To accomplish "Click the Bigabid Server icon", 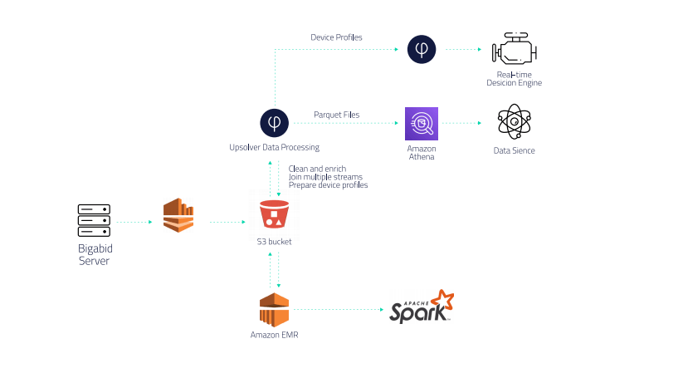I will pyautogui.click(x=94, y=221).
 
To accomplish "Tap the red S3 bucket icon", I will pyautogui.click(x=274, y=214).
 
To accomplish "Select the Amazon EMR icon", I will pyautogui.click(x=274, y=310).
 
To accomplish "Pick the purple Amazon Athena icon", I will pyautogui.click(x=422, y=124).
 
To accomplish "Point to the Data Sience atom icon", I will pyautogui.click(x=514, y=123).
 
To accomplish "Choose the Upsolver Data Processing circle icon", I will pyautogui.click(x=274, y=123).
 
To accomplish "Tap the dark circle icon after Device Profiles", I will pyautogui.click(x=422, y=50).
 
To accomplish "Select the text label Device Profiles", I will pyautogui.click(x=336, y=37).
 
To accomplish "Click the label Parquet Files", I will pyautogui.click(x=336, y=115).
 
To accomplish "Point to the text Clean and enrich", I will pyautogui.click(x=317, y=169).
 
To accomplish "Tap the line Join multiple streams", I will pyautogui.click(x=324, y=177).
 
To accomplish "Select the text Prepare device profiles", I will pyautogui.click(x=328, y=185).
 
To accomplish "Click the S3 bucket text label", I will pyautogui.click(x=274, y=242).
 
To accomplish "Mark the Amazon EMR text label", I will pyautogui.click(x=274, y=335).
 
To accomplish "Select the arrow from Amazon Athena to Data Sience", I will pyautogui.click(x=461, y=124).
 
